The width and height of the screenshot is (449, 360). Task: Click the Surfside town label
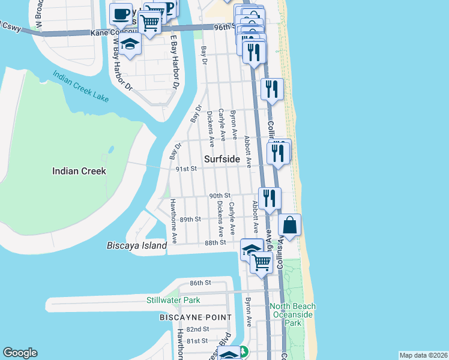click(x=221, y=160)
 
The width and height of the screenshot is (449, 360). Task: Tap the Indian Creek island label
click(x=79, y=171)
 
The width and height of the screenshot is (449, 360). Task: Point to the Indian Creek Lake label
click(x=80, y=86)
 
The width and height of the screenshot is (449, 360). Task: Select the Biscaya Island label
click(x=136, y=246)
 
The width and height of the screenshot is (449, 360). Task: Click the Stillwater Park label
click(x=173, y=300)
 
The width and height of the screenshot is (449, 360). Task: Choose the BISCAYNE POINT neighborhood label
click(x=196, y=317)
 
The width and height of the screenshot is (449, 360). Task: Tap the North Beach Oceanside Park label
click(x=293, y=314)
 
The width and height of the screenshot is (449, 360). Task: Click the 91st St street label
click(x=187, y=169)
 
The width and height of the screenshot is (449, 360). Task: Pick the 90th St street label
click(x=220, y=196)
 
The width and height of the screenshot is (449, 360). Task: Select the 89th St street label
click(x=190, y=220)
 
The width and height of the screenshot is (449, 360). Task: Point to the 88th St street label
click(x=214, y=242)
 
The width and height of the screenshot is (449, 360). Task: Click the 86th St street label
click(x=201, y=283)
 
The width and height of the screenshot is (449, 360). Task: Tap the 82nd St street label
click(x=197, y=329)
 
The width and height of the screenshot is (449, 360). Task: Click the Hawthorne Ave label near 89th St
click(x=173, y=221)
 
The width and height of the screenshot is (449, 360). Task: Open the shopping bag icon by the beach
click(x=289, y=226)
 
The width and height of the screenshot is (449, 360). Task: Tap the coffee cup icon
click(x=121, y=13)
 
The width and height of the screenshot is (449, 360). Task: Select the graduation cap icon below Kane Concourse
click(x=129, y=44)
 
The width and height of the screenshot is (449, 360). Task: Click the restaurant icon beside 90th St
click(x=270, y=197)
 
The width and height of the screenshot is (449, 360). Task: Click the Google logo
click(x=20, y=353)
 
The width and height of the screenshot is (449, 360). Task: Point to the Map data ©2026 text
click(x=423, y=355)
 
